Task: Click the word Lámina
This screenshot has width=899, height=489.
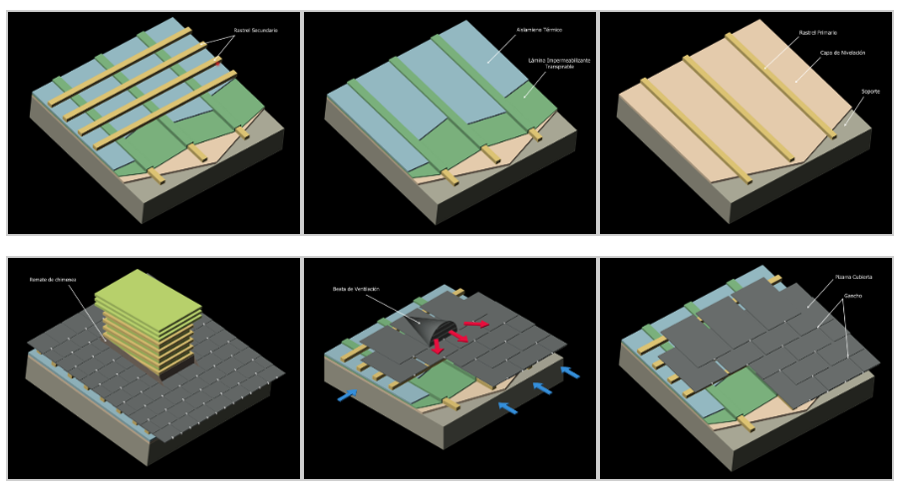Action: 541,60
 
